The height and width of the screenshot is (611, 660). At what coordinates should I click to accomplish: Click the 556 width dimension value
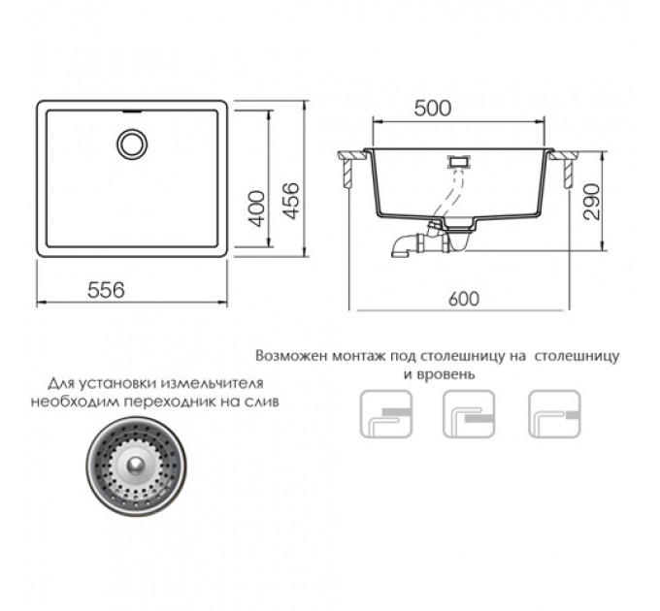(106, 290)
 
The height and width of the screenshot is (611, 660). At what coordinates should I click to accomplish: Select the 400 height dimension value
(255, 209)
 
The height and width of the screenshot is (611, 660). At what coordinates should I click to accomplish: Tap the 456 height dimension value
(290, 202)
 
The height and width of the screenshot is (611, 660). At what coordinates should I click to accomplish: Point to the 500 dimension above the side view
(432, 109)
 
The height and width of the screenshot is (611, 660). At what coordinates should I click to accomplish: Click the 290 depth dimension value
(592, 202)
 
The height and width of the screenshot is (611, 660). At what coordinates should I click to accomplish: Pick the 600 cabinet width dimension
(464, 299)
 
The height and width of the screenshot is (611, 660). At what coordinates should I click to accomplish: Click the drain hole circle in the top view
(132, 144)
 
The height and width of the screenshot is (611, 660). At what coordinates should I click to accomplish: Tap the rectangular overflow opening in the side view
(459, 161)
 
